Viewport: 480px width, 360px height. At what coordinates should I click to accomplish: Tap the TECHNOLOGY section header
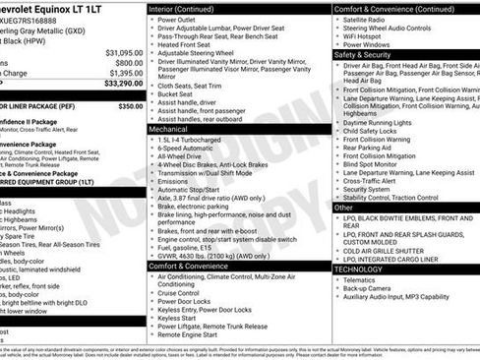point(358,269)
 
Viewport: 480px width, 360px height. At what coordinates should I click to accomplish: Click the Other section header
point(343,208)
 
